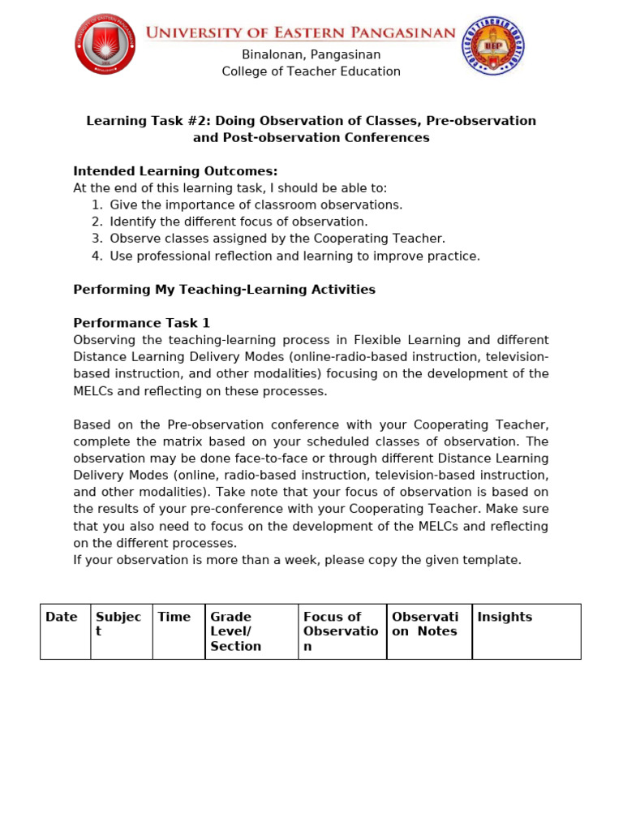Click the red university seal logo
[x=105, y=45]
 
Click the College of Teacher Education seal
[x=492, y=46]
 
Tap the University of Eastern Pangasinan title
[x=300, y=32]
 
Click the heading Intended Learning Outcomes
[x=175, y=171]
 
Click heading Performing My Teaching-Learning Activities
[x=224, y=290]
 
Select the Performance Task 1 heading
[x=141, y=323]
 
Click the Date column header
[x=62, y=618]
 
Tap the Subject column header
[x=118, y=624]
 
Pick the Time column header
[x=174, y=618]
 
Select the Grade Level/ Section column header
[x=235, y=631]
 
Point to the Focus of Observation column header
[x=341, y=631]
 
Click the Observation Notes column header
[x=425, y=624]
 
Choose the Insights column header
[x=505, y=618]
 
